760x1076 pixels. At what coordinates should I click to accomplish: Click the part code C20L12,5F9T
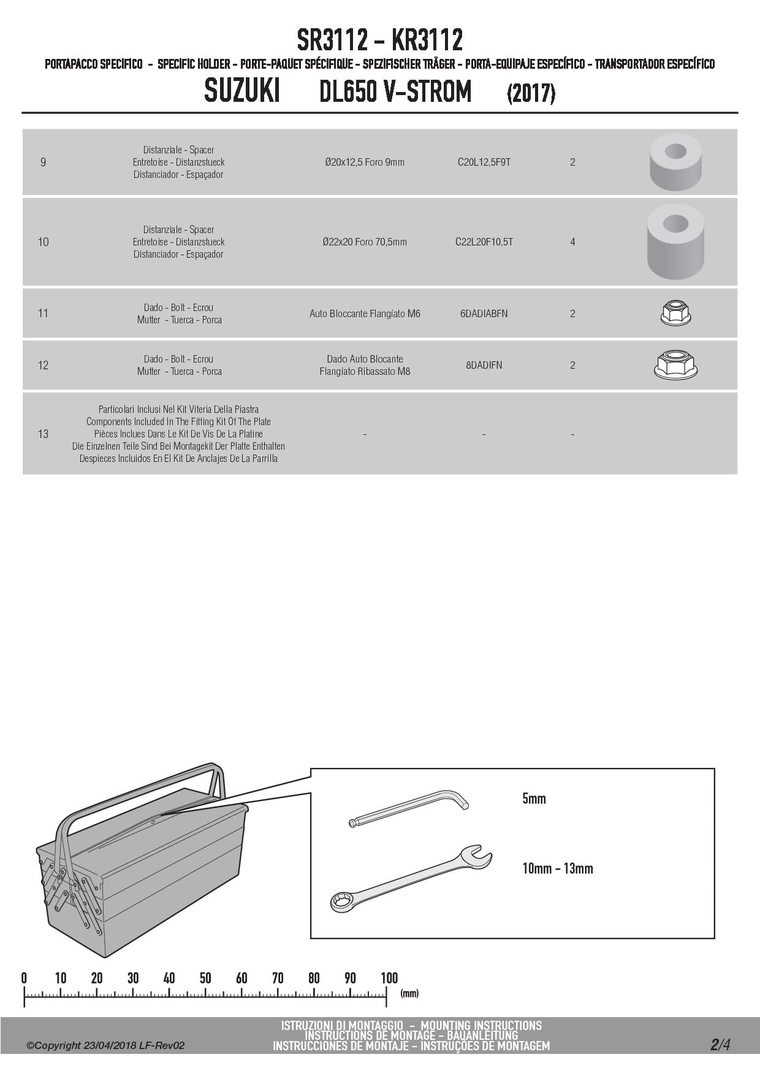pyautogui.click(x=484, y=163)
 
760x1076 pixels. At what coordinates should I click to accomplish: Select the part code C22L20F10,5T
pyautogui.click(x=484, y=242)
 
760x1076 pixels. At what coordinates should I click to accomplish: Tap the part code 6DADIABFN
pyautogui.click(x=484, y=313)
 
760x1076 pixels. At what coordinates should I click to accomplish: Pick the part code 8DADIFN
pyautogui.click(x=484, y=365)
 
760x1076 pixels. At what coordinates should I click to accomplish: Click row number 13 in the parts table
pyautogui.click(x=43, y=434)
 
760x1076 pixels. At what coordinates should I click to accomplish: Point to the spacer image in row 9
pyautogui.click(x=675, y=162)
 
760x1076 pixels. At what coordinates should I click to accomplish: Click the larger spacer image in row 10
pyautogui.click(x=675, y=241)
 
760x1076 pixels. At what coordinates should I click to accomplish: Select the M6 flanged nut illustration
pyautogui.click(x=675, y=313)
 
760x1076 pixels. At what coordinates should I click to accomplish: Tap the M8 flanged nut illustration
pyautogui.click(x=675, y=364)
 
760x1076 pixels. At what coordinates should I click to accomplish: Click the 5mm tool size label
pyautogui.click(x=534, y=799)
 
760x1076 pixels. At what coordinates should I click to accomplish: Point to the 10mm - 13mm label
pyautogui.click(x=557, y=869)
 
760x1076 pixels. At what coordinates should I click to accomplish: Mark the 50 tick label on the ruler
pyautogui.click(x=205, y=978)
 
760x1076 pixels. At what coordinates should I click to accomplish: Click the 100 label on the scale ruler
pyautogui.click(x=389, y=978)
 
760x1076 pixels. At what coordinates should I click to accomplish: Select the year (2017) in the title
pyautogui.click(x=531, y=94)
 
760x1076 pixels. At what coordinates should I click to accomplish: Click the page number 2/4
pyautogui.click(x=720, y=1044)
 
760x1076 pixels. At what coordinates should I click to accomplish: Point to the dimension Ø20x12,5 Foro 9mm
pyautogui.click(x=365, y=163)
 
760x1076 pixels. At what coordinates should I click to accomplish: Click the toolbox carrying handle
pyautogui.click(x=141, y=791)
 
